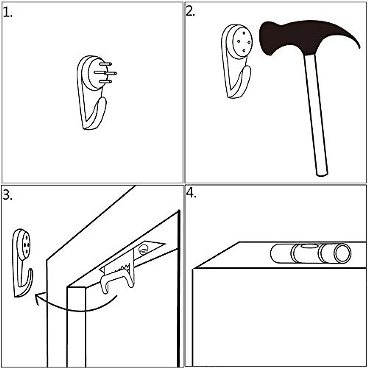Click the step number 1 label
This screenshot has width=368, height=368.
point(7,12)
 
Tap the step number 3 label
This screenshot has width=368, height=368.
point(7,195)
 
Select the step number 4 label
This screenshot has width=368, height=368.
point(191,193)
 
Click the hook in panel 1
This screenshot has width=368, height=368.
point(92,92)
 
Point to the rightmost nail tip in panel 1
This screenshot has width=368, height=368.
point(116,73)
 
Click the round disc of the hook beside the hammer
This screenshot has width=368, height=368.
point(242,42)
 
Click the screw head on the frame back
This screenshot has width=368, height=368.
point(143,249)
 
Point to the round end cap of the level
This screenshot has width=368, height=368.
point(342,253)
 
